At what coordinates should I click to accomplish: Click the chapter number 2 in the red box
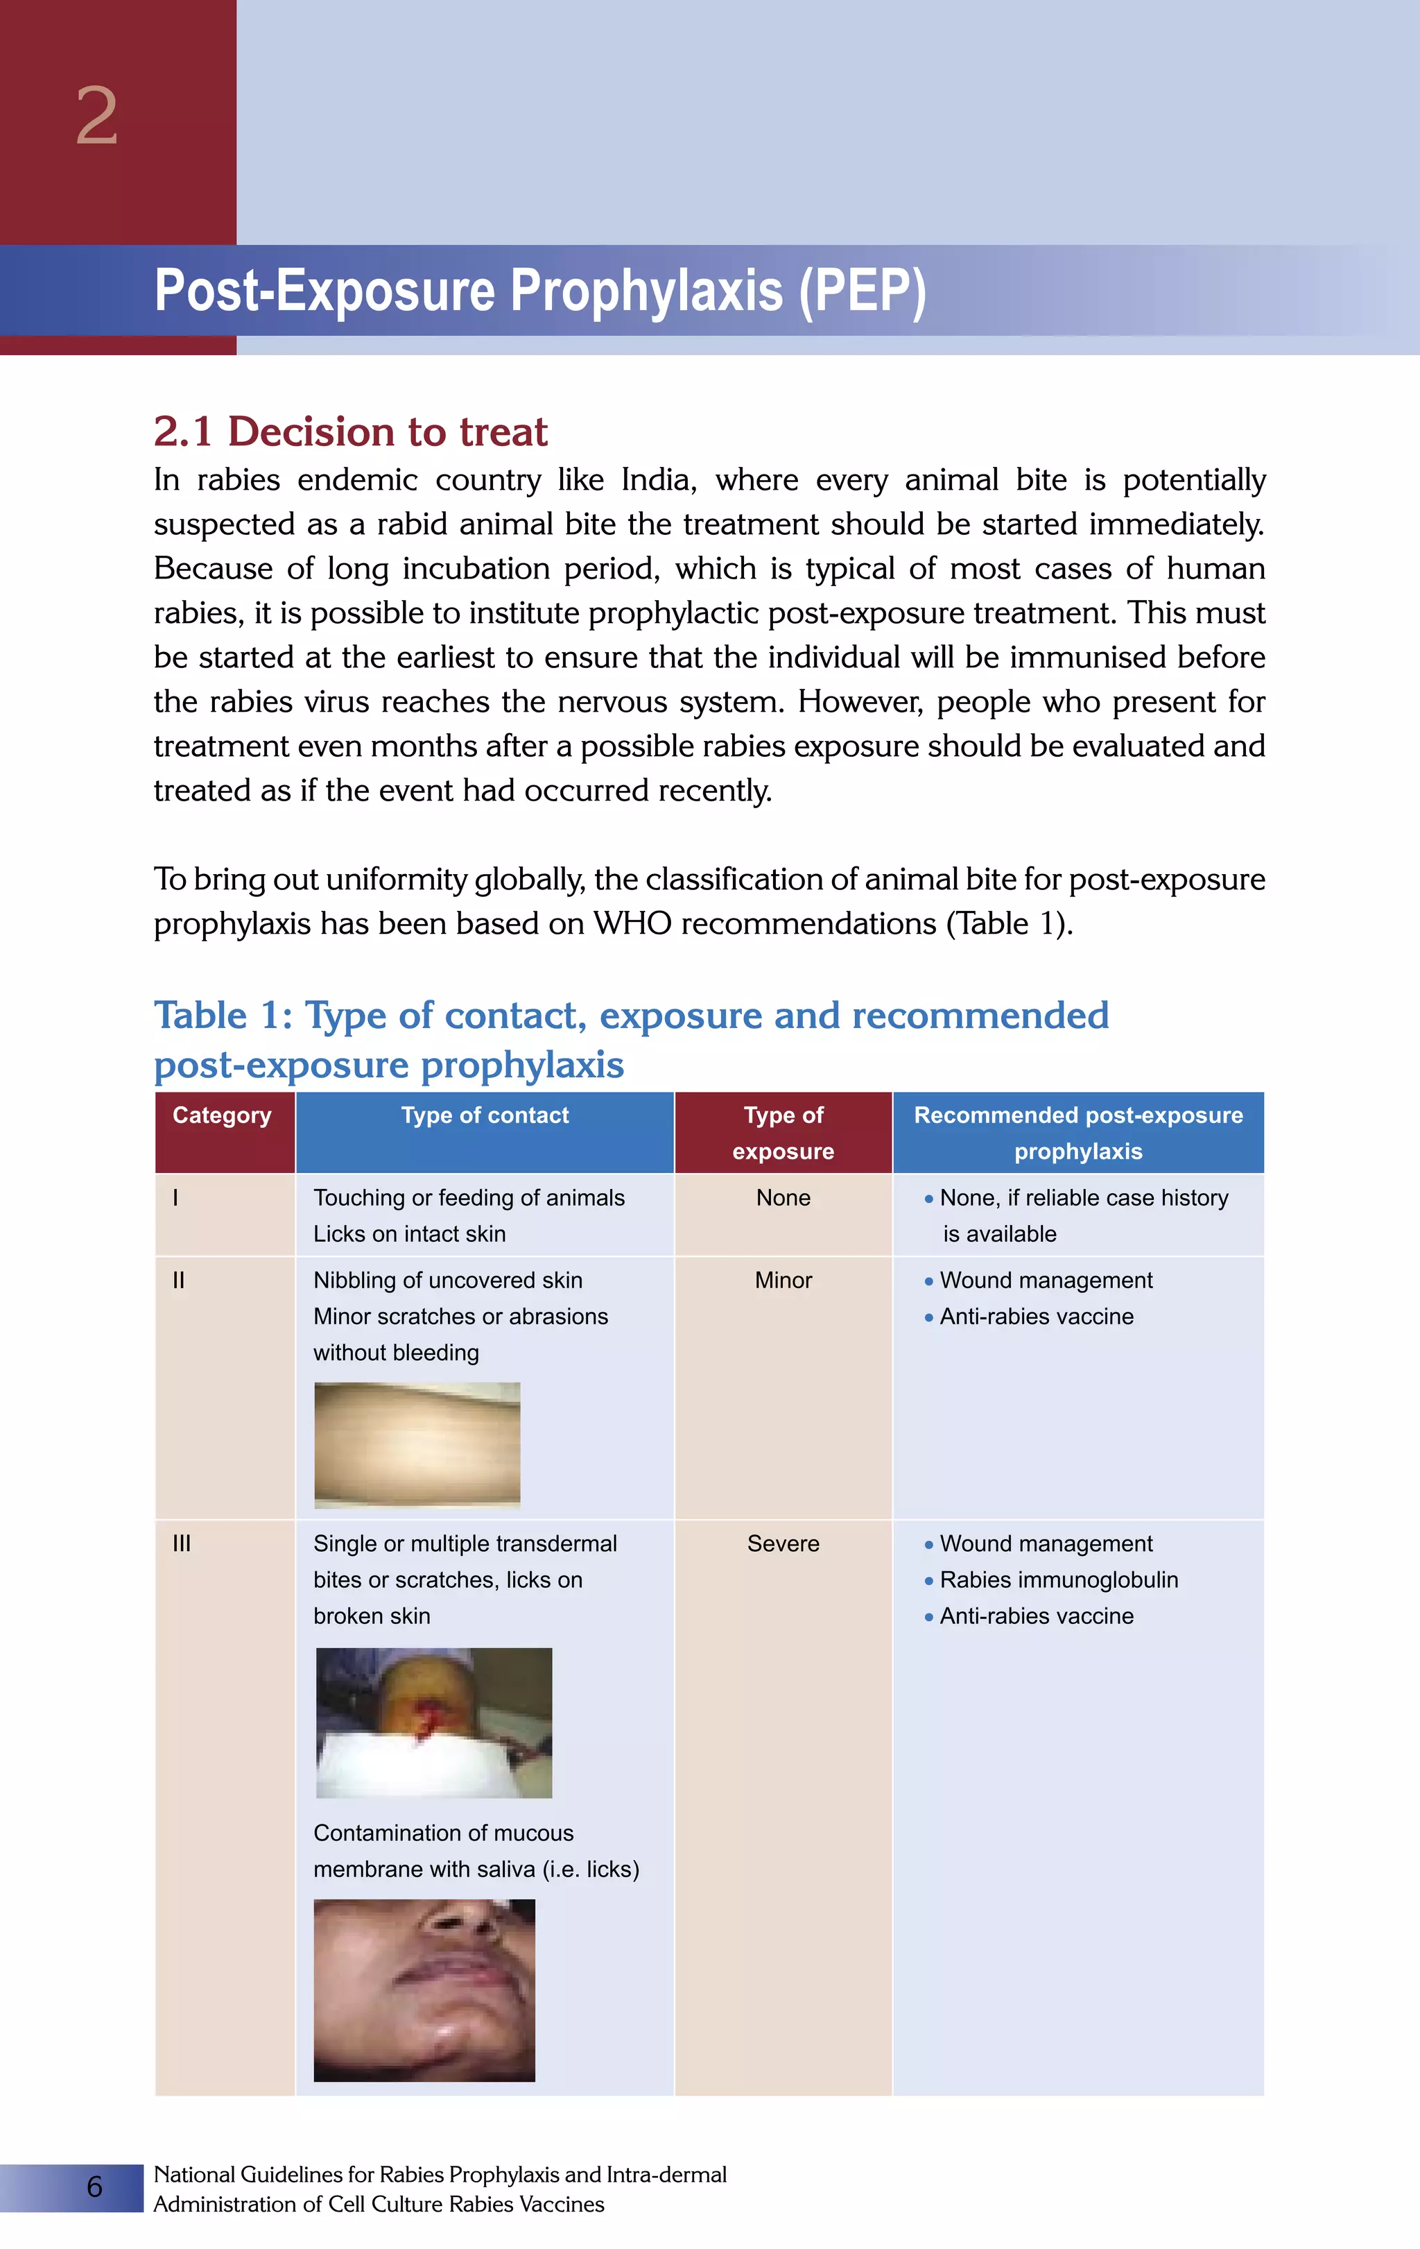coord(97,117)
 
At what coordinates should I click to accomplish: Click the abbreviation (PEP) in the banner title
coord(862,291)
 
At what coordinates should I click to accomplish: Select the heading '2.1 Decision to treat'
coord(350,431)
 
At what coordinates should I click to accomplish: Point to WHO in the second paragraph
coord(632,924)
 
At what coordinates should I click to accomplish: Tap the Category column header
coord(222,1115)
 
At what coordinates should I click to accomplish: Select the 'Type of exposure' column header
coord(783,1132)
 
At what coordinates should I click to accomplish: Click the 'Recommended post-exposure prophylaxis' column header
coord(1078,1132)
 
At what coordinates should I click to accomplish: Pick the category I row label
coord(175,1198)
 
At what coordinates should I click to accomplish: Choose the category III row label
coord(181,1544)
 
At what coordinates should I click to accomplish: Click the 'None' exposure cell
coord(783,1198)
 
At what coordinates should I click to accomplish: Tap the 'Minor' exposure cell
coord(783,1281)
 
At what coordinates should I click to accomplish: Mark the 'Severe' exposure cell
coord(783,1544)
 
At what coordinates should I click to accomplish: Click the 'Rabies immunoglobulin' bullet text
coord(1059,1580)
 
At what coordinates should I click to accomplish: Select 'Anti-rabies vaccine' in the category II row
coord(1037,1317)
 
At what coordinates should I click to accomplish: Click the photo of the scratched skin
coord(417,1445)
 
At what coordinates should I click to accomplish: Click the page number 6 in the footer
coord(94,2187)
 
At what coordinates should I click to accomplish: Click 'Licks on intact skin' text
coord(409,1235)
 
